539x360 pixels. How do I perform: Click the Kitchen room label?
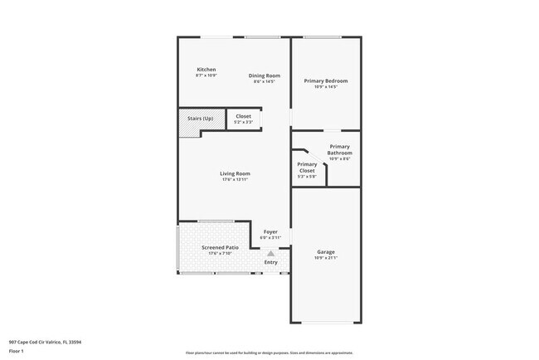pos(206,69)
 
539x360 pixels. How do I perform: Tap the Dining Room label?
pos(265,75)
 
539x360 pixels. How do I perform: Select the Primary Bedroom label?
pos(325,80)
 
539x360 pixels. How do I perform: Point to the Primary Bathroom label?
pos(340,149)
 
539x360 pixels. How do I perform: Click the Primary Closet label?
pos(307,167)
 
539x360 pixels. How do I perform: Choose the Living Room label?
pos(235,173)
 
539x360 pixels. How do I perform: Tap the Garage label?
pos(325,251)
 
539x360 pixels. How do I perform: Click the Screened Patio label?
pos(219,248)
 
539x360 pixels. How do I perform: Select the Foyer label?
pos(270,231)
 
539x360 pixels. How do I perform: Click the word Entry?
pos(270,263)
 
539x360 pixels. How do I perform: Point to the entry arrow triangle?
pos(270,254)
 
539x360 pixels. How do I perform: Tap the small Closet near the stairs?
pos(244,116)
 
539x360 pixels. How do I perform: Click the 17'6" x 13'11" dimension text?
pos(235,179)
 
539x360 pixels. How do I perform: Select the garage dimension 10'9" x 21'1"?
pos(325,257)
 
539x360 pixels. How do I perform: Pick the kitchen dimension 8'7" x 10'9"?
pos(206,75)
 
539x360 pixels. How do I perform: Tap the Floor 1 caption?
pos(17,351)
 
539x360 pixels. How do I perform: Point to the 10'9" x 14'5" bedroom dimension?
pos(325,86)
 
